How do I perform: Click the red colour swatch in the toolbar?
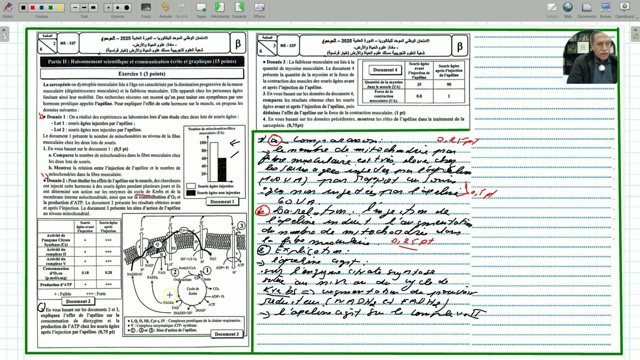tap(32, 7)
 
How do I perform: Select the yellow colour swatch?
tap(59, 7)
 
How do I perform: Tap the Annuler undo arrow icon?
tap(165, 7)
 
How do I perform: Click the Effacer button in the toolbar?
tap(259, 7)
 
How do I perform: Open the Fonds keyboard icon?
tap(146, 7)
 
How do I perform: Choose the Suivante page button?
tap(239, 7)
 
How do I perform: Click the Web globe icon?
tap(567, 7)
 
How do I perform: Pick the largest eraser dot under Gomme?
tap(126, 7)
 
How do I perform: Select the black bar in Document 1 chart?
tap(221, 169)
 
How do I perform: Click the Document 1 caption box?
tap(221, 201)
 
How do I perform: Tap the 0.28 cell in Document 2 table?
tap(108, 272)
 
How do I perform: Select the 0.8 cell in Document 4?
tap(419, 96)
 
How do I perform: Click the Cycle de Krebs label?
tap(193, 291)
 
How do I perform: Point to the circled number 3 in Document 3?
tap(241, 225)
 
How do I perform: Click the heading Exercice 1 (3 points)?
tap(141, 73)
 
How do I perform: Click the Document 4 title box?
tap(385, 70)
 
